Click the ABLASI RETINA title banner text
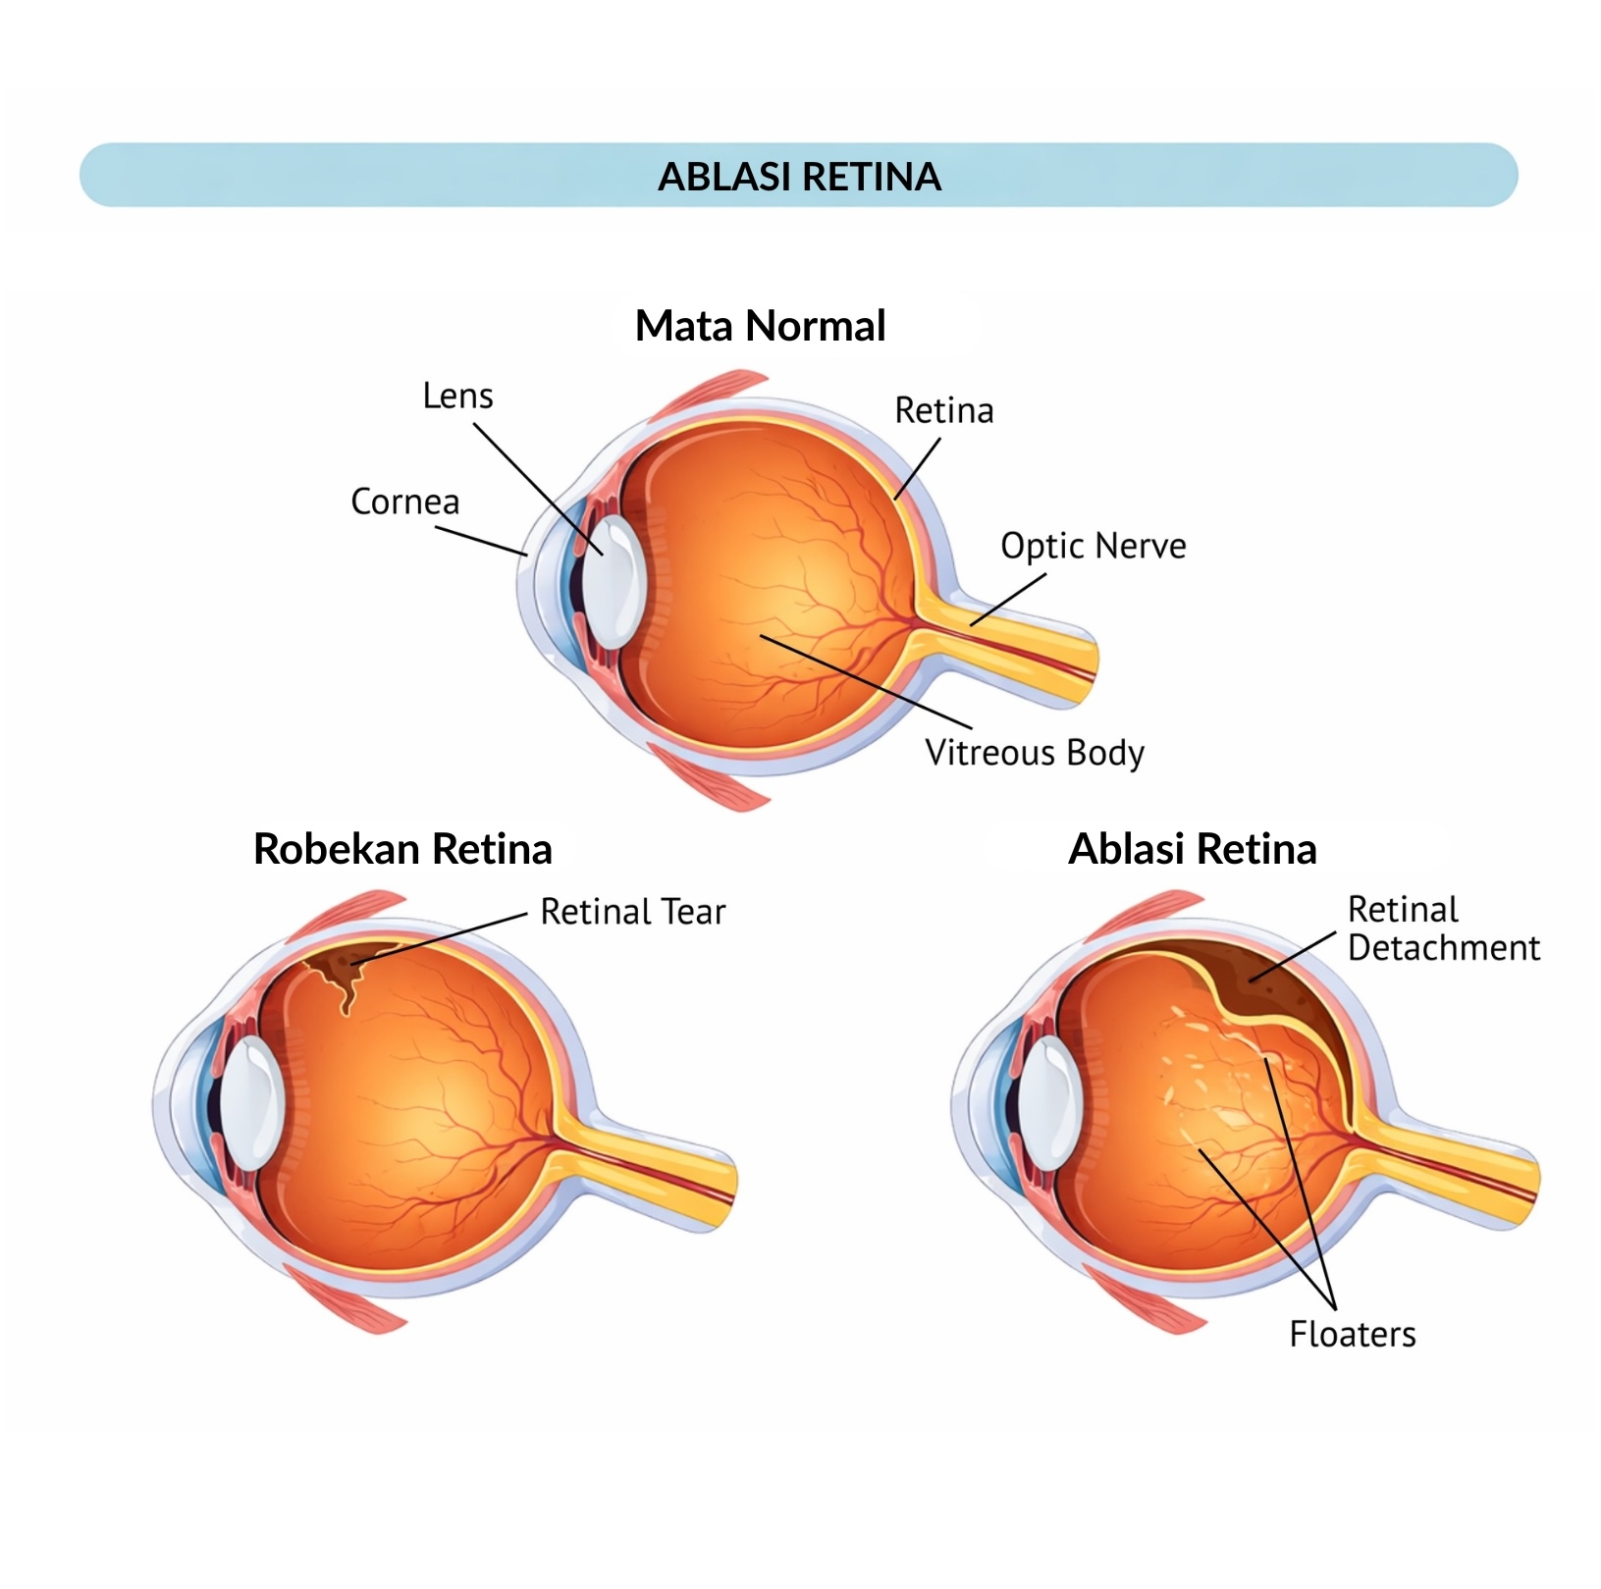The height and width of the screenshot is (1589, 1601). pos(799,177)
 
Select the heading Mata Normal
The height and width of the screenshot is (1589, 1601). pos(761,326)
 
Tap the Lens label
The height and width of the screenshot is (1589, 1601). pos(457,396)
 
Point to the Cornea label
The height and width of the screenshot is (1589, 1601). pos(404,502)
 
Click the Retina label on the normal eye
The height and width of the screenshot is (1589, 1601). pos(944,410)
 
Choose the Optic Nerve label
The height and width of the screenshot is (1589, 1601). pos(1094,546)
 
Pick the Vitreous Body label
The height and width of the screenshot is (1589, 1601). pos(1035,753)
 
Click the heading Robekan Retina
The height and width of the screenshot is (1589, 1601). pos(402,849)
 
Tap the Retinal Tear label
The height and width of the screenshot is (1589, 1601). pos(633,912)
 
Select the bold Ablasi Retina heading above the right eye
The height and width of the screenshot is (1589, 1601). pos(1193,849)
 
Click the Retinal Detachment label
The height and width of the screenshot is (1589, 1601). pos(1444,928)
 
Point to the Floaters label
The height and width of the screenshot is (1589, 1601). pos(1353,1335)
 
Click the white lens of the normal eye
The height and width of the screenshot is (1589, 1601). pos(614,583)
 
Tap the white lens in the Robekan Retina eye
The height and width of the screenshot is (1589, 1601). pos(251,1103)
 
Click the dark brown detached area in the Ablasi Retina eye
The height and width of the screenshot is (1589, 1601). pos(1276,991)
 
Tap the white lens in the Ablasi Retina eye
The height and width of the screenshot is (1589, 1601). pos(1050,1103)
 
